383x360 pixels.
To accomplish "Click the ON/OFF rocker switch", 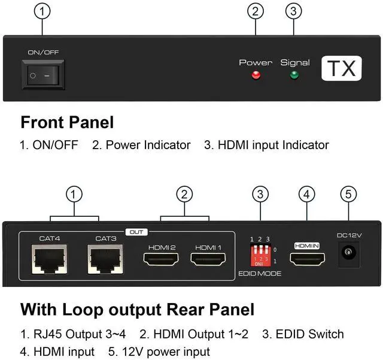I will coord(44,76).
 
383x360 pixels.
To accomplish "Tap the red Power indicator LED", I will coord(256,75).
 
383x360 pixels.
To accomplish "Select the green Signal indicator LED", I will coord(294,75).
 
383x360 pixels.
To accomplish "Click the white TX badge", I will coord(342,69).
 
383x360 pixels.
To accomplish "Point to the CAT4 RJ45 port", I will coord(50,259).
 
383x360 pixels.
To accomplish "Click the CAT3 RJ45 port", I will coord(105,259).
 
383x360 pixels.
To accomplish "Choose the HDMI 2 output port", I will coord(160,259).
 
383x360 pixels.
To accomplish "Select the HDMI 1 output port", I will coord(208,259).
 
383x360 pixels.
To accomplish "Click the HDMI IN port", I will coord(308,259).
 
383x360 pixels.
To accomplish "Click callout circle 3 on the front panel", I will coord(293,11).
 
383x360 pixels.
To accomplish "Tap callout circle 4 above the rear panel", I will coord(306,194).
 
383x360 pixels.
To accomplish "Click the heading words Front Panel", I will coord(67,123).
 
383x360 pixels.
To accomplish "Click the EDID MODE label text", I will coord(259,274).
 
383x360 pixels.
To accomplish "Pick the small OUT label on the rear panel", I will coord(137,232).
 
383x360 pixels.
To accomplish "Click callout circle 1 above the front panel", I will coord(42,11).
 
